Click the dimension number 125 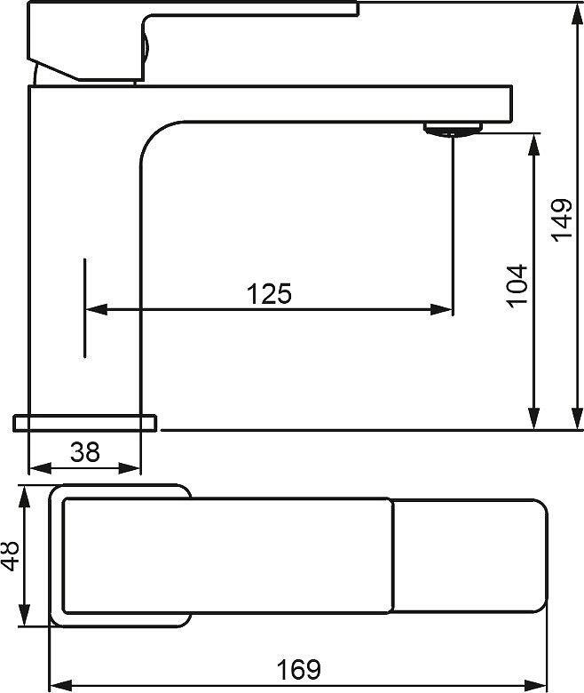click(x=269, y=293)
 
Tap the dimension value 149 click(x=562, y=219)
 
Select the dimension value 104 click(x=517, y=285)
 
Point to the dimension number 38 click(x=84, y=452)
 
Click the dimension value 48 click(x=11, y=555)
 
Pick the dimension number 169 click(x=299, y=669)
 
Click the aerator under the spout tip click(x=453, y=130)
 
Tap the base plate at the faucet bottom click(x=84, y=423)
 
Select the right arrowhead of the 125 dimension click(x=441, y=309)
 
